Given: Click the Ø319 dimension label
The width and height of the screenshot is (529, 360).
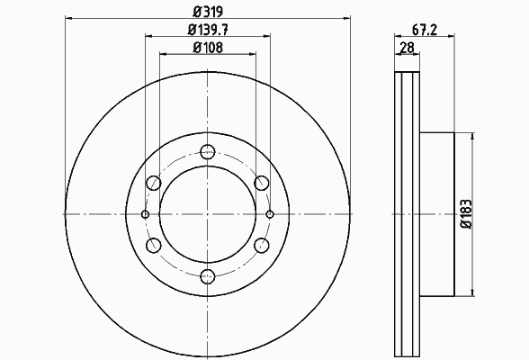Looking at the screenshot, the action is click(x=208, y=12).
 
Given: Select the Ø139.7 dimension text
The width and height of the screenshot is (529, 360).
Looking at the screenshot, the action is click(x=208, y=30).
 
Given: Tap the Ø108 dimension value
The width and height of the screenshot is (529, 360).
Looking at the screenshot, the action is click(x=208, y=48).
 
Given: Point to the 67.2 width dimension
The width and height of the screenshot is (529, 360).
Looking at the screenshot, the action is click(x=425, y=30).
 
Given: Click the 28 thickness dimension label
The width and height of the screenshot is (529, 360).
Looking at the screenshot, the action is click(x=407, y=48).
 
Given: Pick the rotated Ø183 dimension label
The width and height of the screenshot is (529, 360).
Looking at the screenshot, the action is click(x=466, y=214).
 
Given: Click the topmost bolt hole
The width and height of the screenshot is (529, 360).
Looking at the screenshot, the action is click(x=208, y=152).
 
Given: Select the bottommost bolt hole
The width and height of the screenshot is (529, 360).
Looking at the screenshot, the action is click(x=208, y=276).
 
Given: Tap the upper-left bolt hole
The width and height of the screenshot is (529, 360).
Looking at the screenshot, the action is click(x=154, y=183).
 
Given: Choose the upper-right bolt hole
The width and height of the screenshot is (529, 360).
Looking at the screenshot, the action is click(x=262, y=183).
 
